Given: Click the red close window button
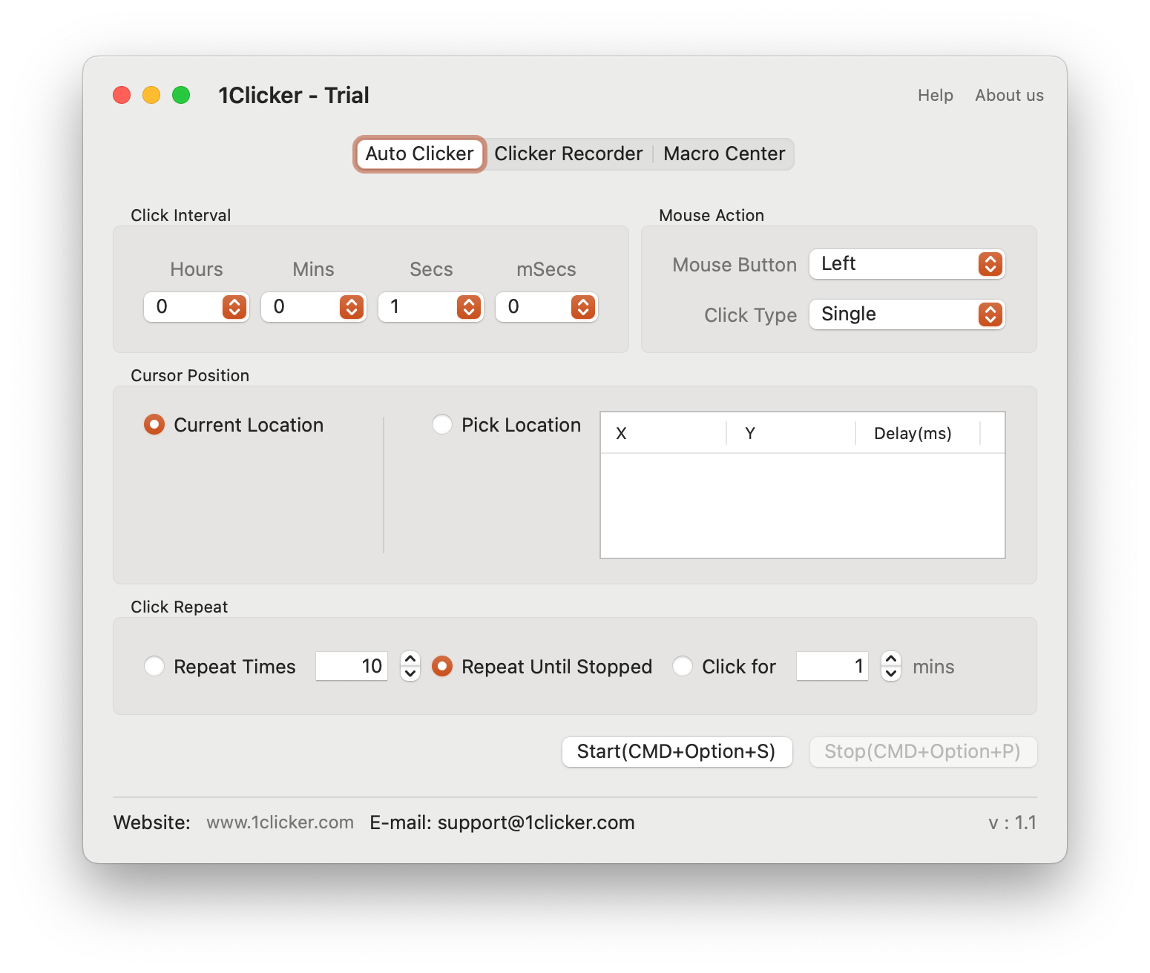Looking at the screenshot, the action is [121, 95].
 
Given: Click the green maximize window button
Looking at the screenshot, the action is [181, 95].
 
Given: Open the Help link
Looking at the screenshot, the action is [935, 95].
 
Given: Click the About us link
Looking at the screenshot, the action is [1009, 95].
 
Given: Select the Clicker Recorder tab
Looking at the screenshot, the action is [568, 154].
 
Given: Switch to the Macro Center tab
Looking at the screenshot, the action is [723, 154].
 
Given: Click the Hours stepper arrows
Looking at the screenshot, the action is [234, 307].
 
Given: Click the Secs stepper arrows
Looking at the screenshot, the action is [468, 307].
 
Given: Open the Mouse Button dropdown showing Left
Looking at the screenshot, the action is [907, 264].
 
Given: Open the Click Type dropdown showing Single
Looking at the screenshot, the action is [907, 314].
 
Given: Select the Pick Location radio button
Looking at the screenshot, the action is [441, 425].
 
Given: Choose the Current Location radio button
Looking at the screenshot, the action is [154, 425].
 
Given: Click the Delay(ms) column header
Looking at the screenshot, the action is [913, 433].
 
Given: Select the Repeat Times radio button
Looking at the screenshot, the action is [154, 666].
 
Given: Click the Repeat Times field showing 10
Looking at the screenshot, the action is [351, 666].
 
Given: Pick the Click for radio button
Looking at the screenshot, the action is [682, 666].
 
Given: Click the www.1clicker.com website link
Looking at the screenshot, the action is [280, 822].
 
